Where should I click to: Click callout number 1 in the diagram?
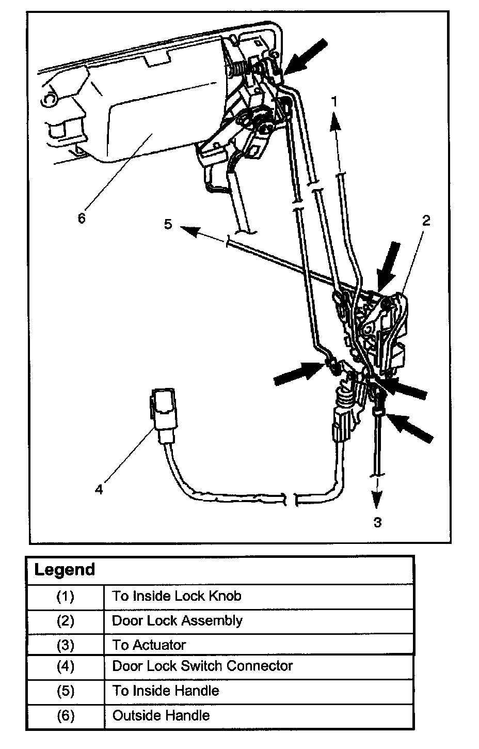coord(334,102)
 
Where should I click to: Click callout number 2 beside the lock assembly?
coord(425,221)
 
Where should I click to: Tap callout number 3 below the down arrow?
coord(378,522)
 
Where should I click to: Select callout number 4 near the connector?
coord(99,488)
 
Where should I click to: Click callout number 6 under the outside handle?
coord(82,217)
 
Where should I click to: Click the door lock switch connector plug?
coord(163,412)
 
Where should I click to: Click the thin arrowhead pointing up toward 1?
coord(336,122)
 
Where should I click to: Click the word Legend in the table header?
coord(65,570)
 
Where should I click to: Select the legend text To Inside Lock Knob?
coord(177,596)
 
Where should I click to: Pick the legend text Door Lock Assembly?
coord(177,620)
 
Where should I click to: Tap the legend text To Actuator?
coord(149,645)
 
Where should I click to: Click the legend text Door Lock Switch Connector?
coord(202,666)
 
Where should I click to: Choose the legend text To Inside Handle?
coord(165,691)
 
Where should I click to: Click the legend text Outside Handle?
coord(161,715)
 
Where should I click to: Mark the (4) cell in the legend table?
coord(65,666)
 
